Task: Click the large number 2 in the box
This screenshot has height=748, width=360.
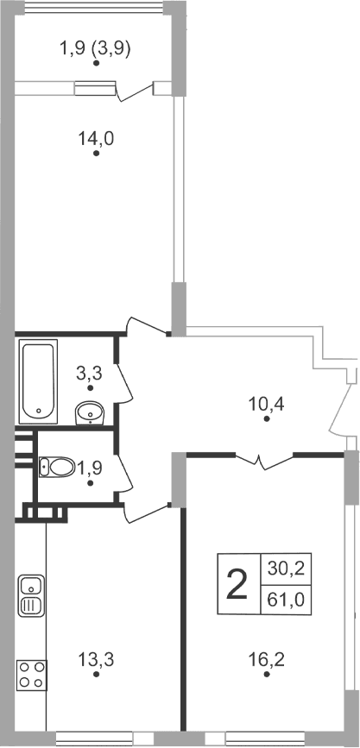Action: pyautogui.click(x=236, y=587)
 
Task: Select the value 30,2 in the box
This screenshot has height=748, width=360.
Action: pyautogui.click(x=280, y=569)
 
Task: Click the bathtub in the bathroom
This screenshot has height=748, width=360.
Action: pyautogui.click(x=39, y=379)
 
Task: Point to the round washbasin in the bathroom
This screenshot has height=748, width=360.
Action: pyautogui.click(x=90, y=414)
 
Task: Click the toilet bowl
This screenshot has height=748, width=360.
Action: pyautogui.click(x=57, y=468)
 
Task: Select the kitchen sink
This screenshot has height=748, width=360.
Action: pyautogui.click(x=29, y=594)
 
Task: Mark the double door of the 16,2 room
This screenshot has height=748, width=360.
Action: pyautogui.click(x=263, y=462)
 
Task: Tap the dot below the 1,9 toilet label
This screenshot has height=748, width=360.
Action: pyautogui.click(x=91, y=485)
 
